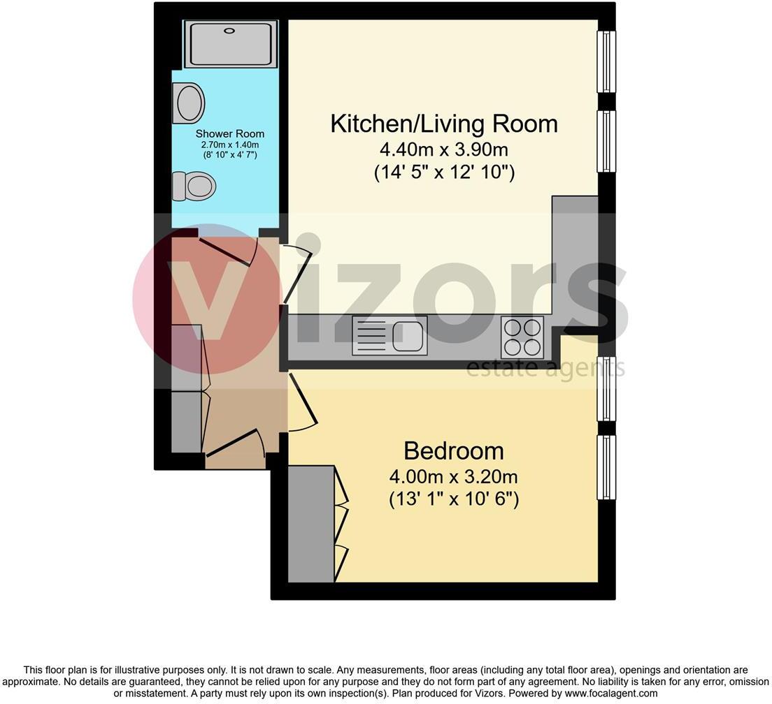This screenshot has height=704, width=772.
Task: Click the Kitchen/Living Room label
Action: coord(443,124)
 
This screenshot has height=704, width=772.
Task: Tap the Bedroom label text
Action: coord(453,450)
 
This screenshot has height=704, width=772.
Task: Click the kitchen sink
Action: coord(389,335)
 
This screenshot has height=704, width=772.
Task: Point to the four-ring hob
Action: coord(522,337)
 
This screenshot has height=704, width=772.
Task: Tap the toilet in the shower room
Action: coord(194,186)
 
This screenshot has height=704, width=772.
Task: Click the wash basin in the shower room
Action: coord(189,103)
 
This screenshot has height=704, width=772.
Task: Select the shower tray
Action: coord(231,44)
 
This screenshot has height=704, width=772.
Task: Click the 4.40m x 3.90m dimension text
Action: coord(444,149)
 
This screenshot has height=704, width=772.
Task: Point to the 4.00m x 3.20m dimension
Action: coord(453,477)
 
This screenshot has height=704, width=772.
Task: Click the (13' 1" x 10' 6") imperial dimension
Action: coord(453,500)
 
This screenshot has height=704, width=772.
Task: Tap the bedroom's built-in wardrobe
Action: coord(312,524)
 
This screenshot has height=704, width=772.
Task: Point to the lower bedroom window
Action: coord(606,467)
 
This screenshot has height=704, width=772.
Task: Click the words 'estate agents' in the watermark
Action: coord(545,368)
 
